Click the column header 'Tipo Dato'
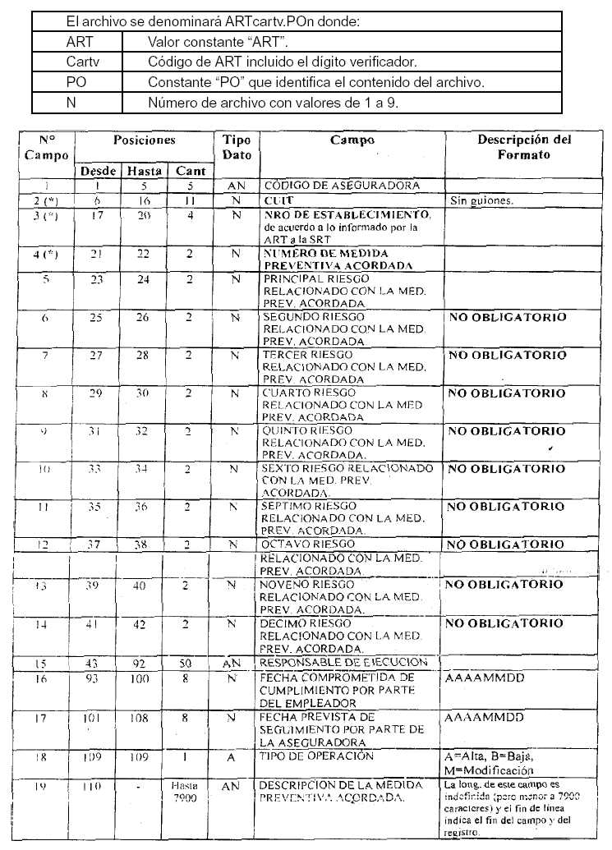coord(237,147)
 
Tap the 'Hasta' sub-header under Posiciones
coord(144,171)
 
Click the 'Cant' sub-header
coord(190,171)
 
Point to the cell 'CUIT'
coord(275,200)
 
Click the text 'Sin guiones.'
coord(481,200)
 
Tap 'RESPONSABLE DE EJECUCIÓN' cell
coord(343,663)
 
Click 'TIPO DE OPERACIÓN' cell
coord(316,756)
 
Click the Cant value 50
coord(190,664)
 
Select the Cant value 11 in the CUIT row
coord(189,200)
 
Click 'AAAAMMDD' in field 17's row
coord(484,717)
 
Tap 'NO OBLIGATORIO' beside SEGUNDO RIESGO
coord(507,317)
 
